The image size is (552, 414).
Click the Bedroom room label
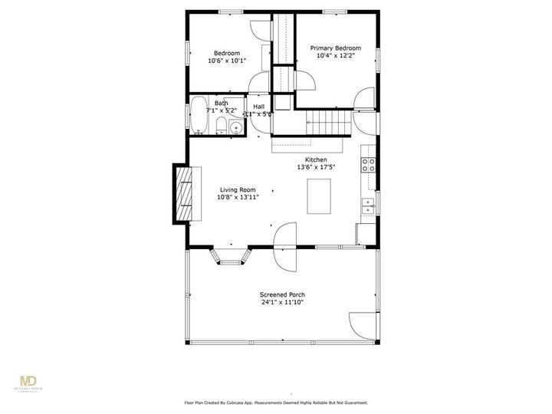pyautogui.click(x=226, y=54)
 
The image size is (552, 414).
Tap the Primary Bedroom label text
pyautogui.click(x=335, y=48)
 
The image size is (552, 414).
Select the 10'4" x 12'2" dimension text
pyautogui.click(x=335, y=55)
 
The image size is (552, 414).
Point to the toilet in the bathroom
pyautogui.click(x=221, y=127)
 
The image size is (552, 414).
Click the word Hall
pyautogui.click(x=259, y=107)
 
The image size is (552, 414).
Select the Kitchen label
pyautogui.click(x=316, y=159)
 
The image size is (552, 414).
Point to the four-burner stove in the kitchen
pyautogui.click(x=368, y=163)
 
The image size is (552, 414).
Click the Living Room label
pyautogui.click(x=238, y=189)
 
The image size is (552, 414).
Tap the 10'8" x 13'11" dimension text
pyautogui.click(x=238, y=197)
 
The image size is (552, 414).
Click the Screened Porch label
pyautogui.click(x=282, y=294)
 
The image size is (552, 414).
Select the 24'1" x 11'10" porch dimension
pyautogui.click(x=282, y=302)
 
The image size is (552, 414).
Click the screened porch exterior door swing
pyautogui.click(x=363, y=327)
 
